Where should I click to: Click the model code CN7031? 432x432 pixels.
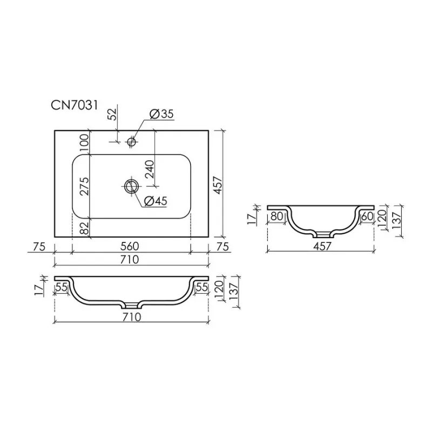pyautogui.click(x=75, y=105)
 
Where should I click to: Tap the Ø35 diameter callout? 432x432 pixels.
pyautogui.click(x=161, y=114)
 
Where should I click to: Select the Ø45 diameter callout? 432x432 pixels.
pyautogui.click(x=156, y=201)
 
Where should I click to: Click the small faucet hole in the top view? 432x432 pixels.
pyautogui.click(x=131, y=141)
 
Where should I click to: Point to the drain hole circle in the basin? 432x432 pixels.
pyautogui.click(x=131, y=186)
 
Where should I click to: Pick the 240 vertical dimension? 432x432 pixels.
pyautogui.click(x=150, y=170)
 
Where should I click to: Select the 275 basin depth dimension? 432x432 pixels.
pyautogui.click(x=85, y=186)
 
